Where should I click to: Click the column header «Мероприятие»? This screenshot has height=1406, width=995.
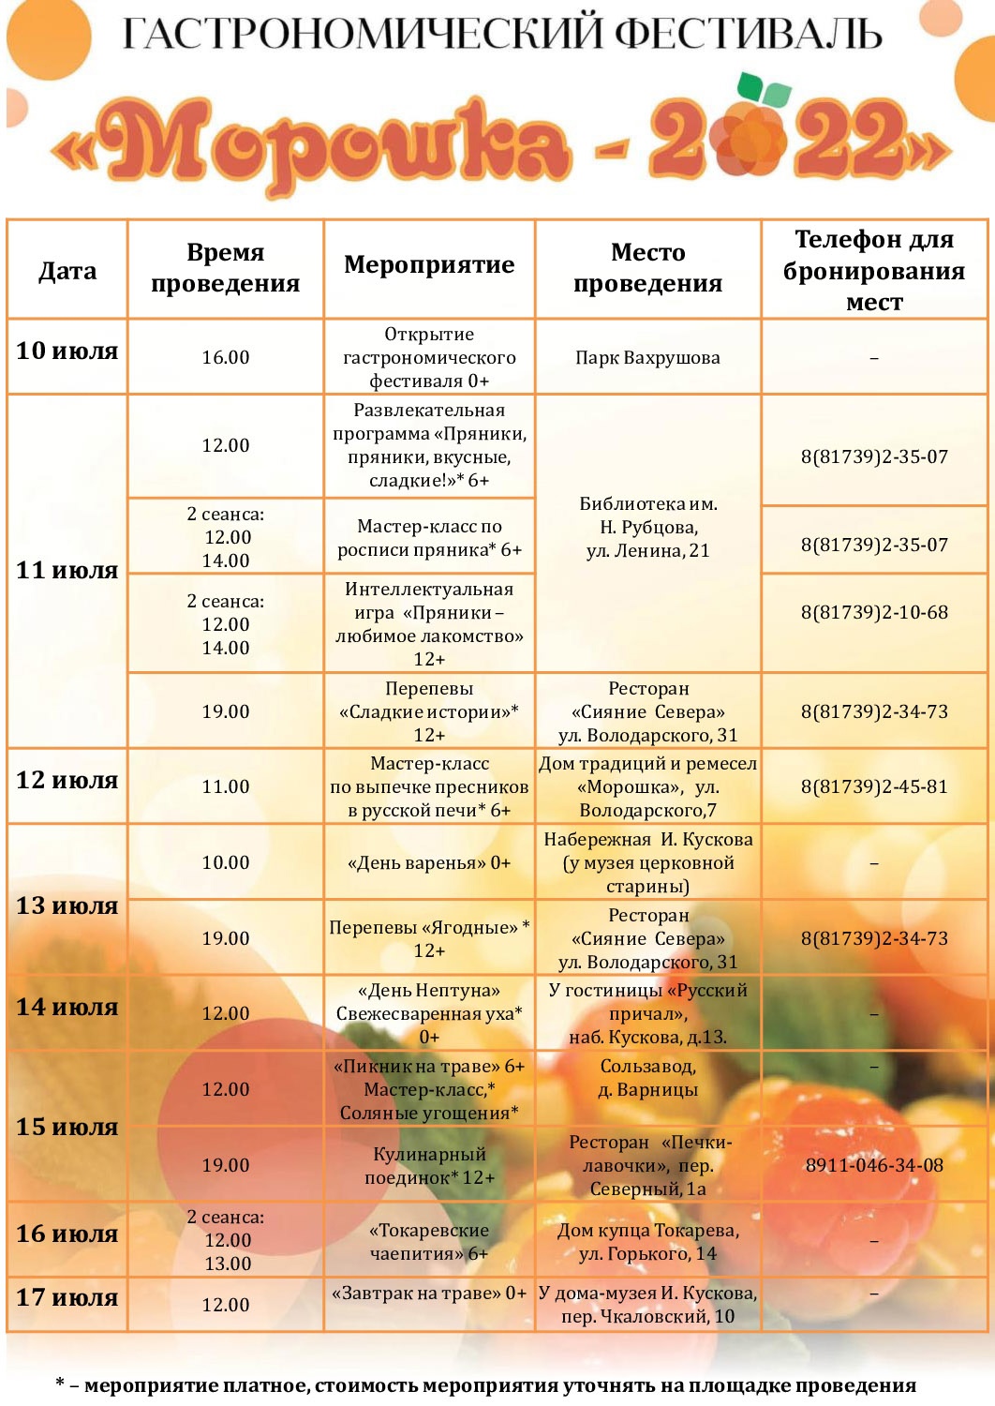tap(429, 265)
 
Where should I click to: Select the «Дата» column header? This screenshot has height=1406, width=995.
tap(67, 272)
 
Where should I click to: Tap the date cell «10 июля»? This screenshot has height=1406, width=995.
tap(67, 351)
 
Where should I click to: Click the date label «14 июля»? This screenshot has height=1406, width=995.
tap(67, 1008)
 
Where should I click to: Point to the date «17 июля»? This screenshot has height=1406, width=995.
tap(67, 1298)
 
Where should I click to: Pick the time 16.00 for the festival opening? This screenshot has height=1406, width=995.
tap(226, 357)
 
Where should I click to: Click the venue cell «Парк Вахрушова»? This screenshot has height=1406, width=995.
tap(647, 357)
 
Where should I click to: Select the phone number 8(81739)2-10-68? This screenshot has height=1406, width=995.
tap(874, 612)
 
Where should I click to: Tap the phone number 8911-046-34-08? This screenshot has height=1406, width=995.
tap(874, 1165)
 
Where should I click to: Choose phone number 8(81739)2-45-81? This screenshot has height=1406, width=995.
tap(874, 786)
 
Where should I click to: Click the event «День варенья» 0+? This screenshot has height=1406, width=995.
tap(429, 862)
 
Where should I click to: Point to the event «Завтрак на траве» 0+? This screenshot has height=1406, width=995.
tap(429, 1294)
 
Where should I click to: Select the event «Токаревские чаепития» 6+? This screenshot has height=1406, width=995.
tap(429, 1241)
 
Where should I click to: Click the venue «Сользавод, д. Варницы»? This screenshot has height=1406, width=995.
tap(647, 1078)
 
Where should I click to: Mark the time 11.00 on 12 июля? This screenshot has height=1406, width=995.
tap(226, 786)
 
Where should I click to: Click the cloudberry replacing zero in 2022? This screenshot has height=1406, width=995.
tap(749, 139)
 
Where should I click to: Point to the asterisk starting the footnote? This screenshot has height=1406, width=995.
tap(60, 1384)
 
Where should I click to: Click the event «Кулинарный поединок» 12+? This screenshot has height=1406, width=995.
tap(429, 1165)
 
